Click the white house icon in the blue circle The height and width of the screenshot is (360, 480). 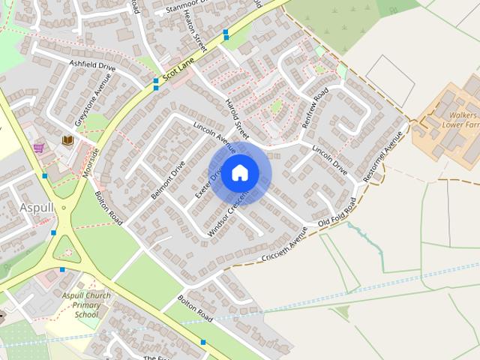click(x=239, y=172)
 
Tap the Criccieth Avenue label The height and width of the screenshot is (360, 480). click(x=285, y=246)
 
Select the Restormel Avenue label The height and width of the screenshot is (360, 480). click(x=383, y=157)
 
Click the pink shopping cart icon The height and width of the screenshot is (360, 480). click(x=38, y=148)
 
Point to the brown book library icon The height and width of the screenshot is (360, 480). click(x=67, y=140)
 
